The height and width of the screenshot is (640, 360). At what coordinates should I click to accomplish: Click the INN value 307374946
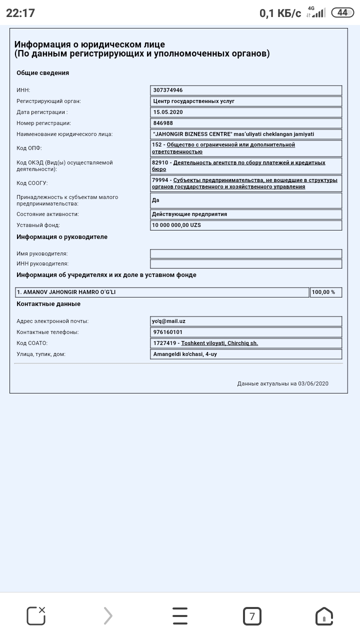(x=168, y=90)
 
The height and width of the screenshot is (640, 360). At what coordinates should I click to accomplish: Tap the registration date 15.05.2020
(x=168, y=112)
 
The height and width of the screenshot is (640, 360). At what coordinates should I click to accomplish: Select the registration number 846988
(x=163, y=123)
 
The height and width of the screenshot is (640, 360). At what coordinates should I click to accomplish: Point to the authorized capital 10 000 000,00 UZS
(x=176, y=225)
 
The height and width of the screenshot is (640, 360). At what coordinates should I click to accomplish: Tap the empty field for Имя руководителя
(x=245, y=253)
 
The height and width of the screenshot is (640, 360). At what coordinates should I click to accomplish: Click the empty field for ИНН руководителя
(x=245, y=264)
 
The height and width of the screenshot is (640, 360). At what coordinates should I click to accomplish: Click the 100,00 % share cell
(x=323, y=292)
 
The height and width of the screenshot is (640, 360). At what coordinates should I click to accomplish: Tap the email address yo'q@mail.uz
(x=168, y=321)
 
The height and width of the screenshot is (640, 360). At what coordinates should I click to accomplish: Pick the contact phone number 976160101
(x=168, y=332)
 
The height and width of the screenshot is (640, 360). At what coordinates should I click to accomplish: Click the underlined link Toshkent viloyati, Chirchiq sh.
(x=219, y=343)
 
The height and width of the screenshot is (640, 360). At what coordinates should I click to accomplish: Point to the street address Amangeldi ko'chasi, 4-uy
(x=185, y=354)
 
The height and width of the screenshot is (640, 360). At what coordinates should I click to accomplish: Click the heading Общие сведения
(x=43, y=73)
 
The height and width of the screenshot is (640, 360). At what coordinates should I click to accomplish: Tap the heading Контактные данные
(x=48, y=304)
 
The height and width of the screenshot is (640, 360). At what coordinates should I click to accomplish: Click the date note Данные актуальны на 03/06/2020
(x=282, y=383)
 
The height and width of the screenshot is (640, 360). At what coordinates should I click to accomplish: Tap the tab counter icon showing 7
(x=252, y=616)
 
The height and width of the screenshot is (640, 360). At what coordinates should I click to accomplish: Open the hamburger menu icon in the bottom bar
(x=180, y=616)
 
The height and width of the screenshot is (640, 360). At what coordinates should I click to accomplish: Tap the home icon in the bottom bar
(x=324, y=616)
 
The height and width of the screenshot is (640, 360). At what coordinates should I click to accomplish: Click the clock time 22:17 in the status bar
(x=20, y=13)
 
